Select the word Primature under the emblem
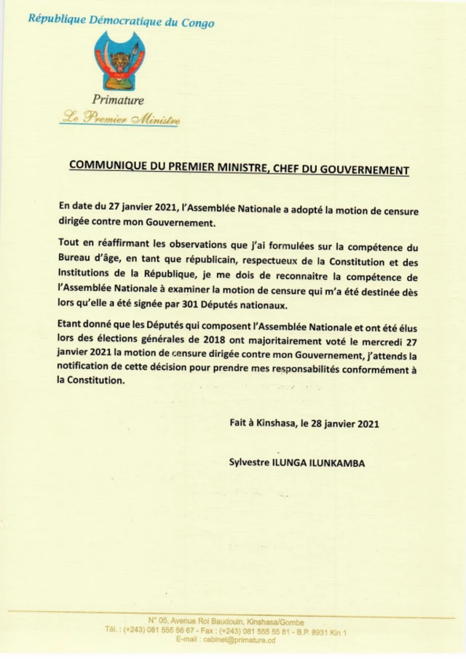coord(118,100)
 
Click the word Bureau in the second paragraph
coord(74,259)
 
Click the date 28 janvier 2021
coord(343,423)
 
